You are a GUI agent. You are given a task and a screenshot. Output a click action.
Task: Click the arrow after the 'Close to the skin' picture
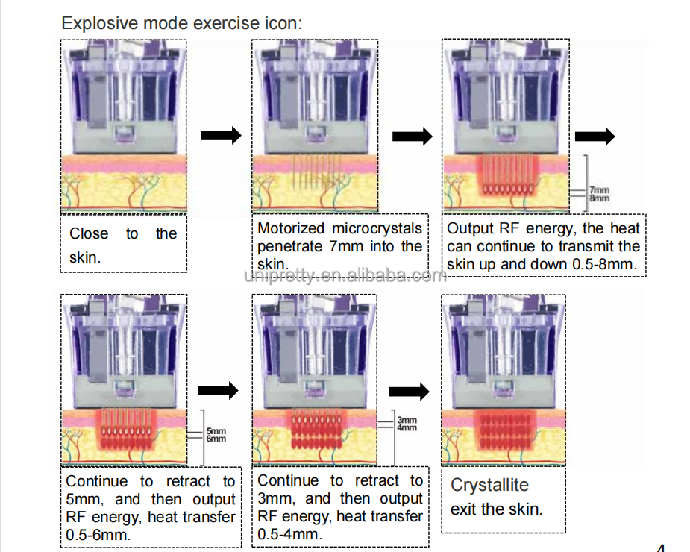tap(222, 135)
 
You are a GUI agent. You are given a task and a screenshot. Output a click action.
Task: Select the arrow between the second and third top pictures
tap(413, 136)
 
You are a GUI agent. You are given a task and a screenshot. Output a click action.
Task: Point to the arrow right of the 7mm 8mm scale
tap(595, 136)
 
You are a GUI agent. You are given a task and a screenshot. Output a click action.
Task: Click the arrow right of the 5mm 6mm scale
tap(219, 390)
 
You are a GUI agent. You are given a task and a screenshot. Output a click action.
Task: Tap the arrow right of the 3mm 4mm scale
tap(410, 392)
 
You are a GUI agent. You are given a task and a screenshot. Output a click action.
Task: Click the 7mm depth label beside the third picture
tap(599, 189)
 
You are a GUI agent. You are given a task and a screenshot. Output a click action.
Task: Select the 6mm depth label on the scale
tap(216, 439)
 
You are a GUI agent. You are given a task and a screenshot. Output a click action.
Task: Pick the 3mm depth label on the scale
tap(407, 420)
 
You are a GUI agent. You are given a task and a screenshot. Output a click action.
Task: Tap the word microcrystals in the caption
tap(377, 228)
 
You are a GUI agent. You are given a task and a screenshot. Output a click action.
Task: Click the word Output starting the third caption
tap(469, 228)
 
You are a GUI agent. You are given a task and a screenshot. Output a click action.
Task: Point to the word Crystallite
tap(490, 485)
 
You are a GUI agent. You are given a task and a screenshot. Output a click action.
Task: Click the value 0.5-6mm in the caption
tap(98, 535)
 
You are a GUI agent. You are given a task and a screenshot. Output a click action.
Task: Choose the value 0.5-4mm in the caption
tap(289, 534)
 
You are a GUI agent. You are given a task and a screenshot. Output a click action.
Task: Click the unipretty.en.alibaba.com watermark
tap(345, 275)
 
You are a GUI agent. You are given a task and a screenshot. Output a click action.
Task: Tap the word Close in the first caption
tap(89, 233)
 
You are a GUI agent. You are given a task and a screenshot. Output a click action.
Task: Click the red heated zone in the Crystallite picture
tap(505, 430)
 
